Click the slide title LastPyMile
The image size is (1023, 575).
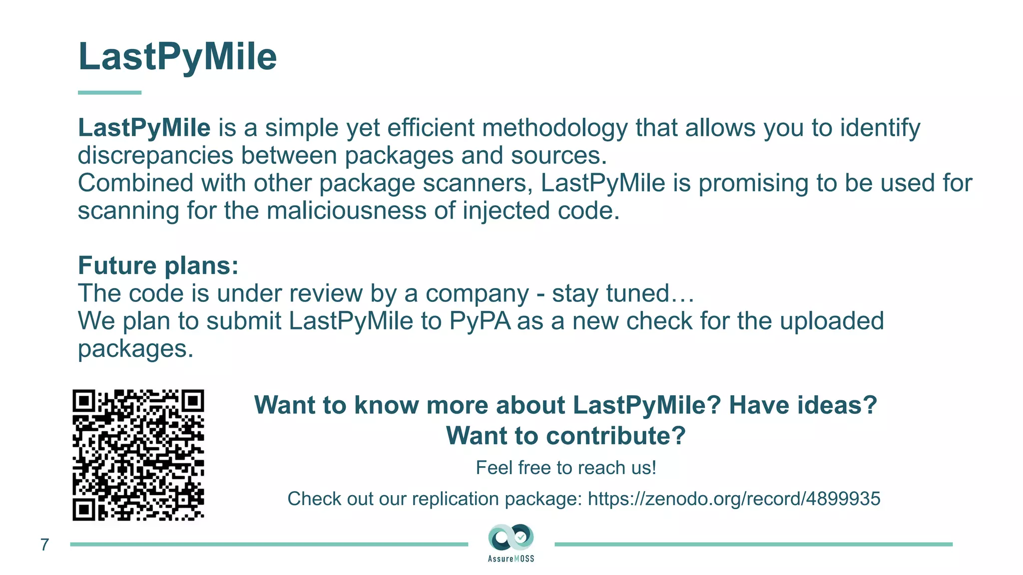[177, 56]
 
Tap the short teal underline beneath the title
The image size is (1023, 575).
[109, 92]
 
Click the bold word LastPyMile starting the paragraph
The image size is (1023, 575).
[144, 128]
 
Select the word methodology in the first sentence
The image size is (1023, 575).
[554, 128]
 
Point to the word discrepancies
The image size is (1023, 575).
[155, 155]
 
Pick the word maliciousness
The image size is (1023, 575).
[346, 211]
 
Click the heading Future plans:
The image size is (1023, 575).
[158, 266]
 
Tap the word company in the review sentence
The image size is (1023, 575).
[477, 293]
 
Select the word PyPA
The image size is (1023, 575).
[480, 321]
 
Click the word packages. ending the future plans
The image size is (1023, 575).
[135, 348]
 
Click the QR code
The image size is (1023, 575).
[138, 455]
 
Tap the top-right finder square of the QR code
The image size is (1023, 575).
[192, 401]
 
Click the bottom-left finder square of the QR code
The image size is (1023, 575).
[84, 509]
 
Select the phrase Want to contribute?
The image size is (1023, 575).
[565, 436]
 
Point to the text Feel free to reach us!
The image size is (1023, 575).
[565, 468]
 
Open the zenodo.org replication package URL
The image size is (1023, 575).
[733, 499]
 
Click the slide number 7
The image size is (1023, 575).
[44, 545]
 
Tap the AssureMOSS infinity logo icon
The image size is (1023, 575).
[511, 538]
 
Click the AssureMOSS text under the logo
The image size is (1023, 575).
[511, 559]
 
